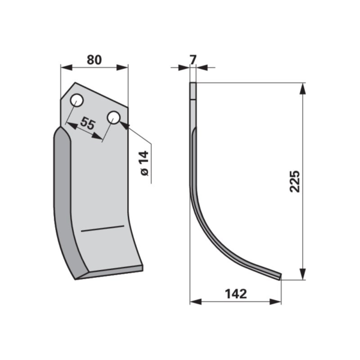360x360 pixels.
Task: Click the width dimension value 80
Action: tap(94, 60)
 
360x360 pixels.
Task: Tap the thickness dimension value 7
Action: tap(193, 60)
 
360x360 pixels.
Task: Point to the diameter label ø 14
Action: tap(145, 163)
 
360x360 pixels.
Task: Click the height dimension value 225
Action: tap(295, 181)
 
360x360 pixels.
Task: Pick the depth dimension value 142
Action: tap(236, 293)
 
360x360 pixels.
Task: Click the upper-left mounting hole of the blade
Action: tap(77, 100)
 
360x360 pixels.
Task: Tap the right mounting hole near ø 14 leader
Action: tap(113, 118)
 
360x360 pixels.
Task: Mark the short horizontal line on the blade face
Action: tap(103, 229)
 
